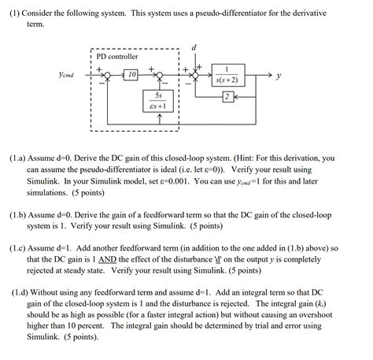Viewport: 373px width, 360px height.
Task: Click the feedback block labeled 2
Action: tap(227, 97)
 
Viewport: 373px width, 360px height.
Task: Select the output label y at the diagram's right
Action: tap(278, 77)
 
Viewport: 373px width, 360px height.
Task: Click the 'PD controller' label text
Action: tap(116, 57)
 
